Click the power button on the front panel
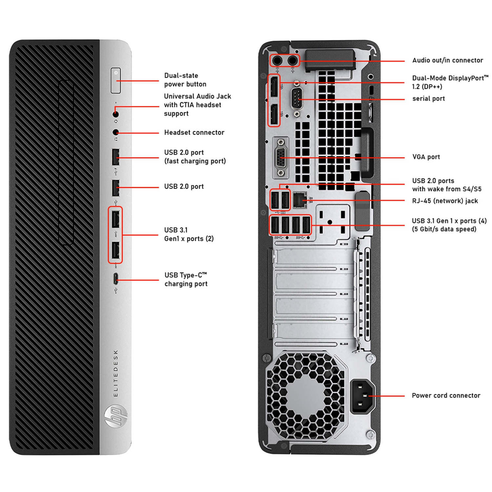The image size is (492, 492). click(115, 80)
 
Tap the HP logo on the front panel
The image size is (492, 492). click(116, 416)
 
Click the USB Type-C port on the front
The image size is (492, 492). click(115, 279)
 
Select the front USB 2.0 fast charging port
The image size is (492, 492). click(115, 157)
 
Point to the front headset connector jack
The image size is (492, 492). click(115, 132)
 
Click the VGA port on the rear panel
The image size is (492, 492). click(281, 157)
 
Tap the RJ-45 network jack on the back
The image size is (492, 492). click(299, 200)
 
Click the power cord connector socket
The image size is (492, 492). click(362, 396)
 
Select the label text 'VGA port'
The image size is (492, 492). click(426, 157)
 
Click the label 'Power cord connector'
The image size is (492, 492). click(446, 396)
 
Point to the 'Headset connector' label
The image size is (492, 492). click(194, 133)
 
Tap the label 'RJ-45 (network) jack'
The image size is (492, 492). click(445, 201)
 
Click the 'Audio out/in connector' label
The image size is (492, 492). click(447, 60)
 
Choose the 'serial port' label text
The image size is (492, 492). click(428, 99)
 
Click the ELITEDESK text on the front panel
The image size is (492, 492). click(116, 373)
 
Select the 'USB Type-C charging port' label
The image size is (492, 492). click(186, 279)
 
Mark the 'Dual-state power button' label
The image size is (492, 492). click(185, 80)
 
